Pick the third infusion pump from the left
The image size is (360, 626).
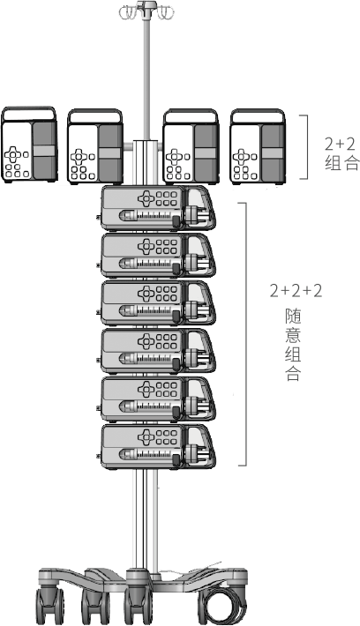pyautogui.click(x=191, y=146)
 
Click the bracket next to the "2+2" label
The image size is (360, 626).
pyautogui.click(x=305, y=146)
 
